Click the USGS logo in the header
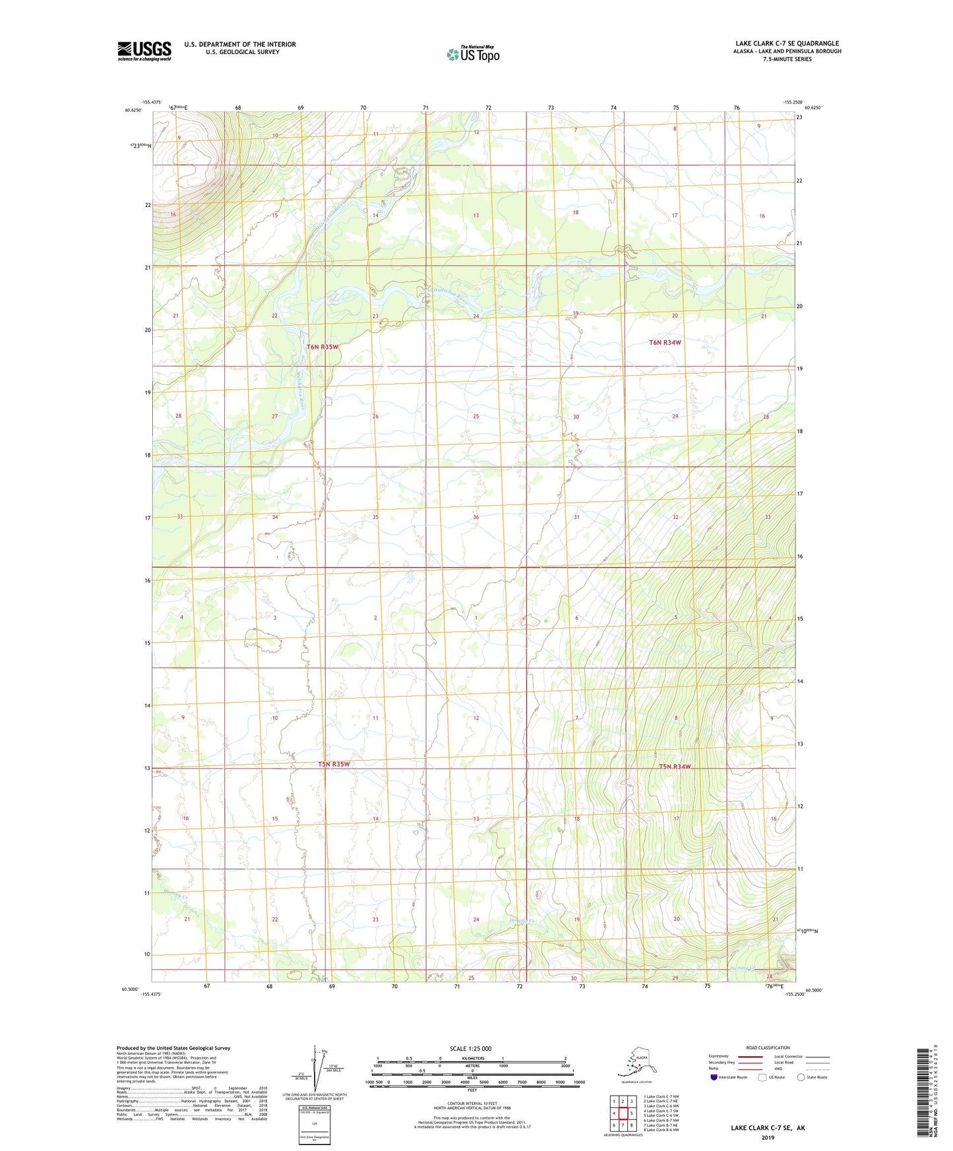coord(144,51)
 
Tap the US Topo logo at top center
coord(473,53)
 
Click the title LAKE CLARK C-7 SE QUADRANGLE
coord(787,44)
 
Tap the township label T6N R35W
coord(323,347)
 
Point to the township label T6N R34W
coord(665,343)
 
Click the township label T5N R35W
coord(334,764)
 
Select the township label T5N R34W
coord(675,767)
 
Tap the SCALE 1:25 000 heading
coord(470,1048)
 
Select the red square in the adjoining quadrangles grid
coord(623,1113)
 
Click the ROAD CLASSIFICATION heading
coord(768,1048)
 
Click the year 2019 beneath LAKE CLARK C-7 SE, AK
coord(768,1137)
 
